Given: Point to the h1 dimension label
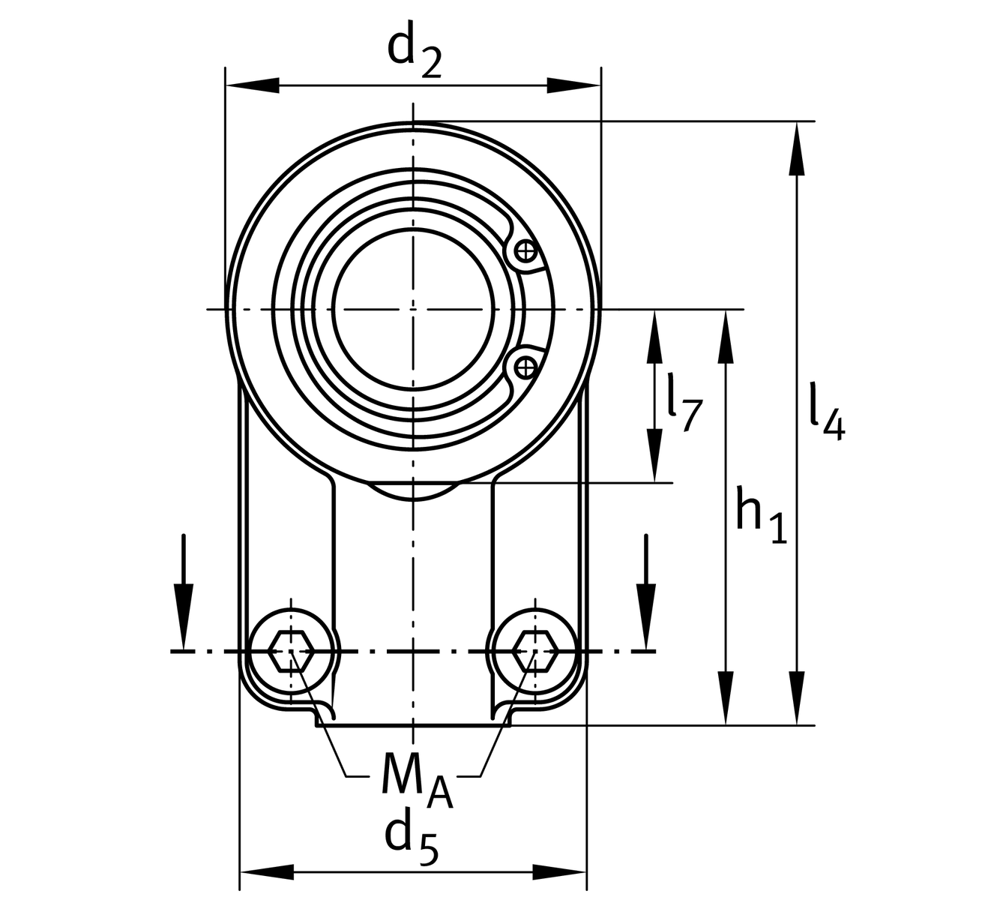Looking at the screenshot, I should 760,516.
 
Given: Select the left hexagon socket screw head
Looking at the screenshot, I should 291,651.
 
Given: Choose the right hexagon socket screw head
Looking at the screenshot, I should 534,651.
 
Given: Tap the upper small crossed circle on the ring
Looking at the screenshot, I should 527,250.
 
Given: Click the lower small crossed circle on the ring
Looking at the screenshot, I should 527,367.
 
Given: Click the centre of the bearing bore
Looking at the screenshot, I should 412,309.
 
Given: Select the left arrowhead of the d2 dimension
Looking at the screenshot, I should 252,85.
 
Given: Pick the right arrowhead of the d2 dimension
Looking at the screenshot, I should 574,85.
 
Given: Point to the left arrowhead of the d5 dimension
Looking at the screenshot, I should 265,872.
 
